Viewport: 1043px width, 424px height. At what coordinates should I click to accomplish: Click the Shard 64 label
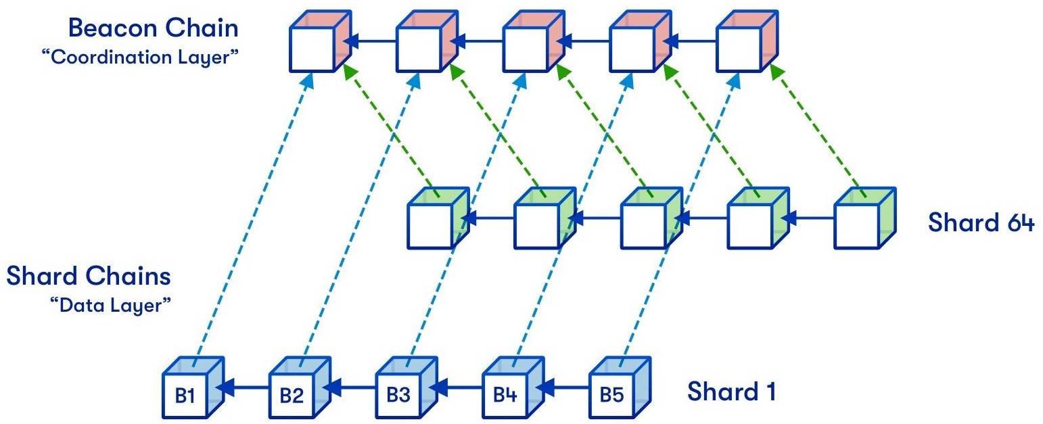[980, 222]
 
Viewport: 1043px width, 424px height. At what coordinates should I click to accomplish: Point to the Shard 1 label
[732, 392]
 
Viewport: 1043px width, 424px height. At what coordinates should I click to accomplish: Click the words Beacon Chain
[153, 28]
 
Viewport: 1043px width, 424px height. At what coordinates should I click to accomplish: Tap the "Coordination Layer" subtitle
[140, 57]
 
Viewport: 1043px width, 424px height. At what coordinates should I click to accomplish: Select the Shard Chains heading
[89, 276]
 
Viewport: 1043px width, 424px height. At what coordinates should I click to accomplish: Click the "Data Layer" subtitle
[110, 305]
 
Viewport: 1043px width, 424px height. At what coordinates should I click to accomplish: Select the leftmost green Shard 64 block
[437, 218]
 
